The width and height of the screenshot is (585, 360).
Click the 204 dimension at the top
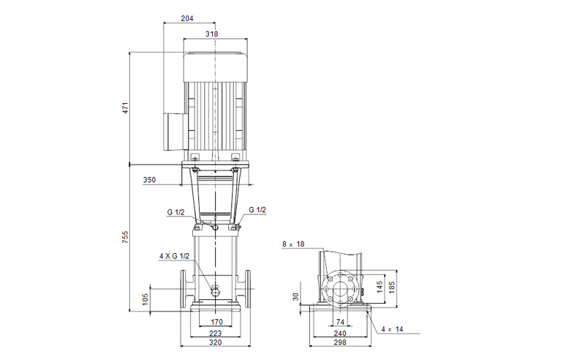(x=189, y=20)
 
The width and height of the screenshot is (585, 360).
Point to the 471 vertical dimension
(x=125, y=108)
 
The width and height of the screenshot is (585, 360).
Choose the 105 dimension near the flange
(x=146, y=298)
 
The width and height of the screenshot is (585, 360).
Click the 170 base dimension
(x=216, y=321)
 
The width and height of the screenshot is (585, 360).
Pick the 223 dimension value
(x=216, y=332)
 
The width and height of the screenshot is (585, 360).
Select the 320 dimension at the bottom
(x=216, y=342)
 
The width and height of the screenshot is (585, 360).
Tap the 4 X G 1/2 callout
(x=174, y=255)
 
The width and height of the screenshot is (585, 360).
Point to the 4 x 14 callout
(x=393, y=329)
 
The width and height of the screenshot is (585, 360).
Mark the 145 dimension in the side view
(x=380, y=286)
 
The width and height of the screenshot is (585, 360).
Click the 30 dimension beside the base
(x=296, y=296)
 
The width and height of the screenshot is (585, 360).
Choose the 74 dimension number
(x=340, y=321)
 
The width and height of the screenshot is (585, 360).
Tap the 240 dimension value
(x=340, y=332)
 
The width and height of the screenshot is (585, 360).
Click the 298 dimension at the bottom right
(x=340, y=342)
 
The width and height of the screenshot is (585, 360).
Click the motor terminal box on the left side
(x=173, y=127)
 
